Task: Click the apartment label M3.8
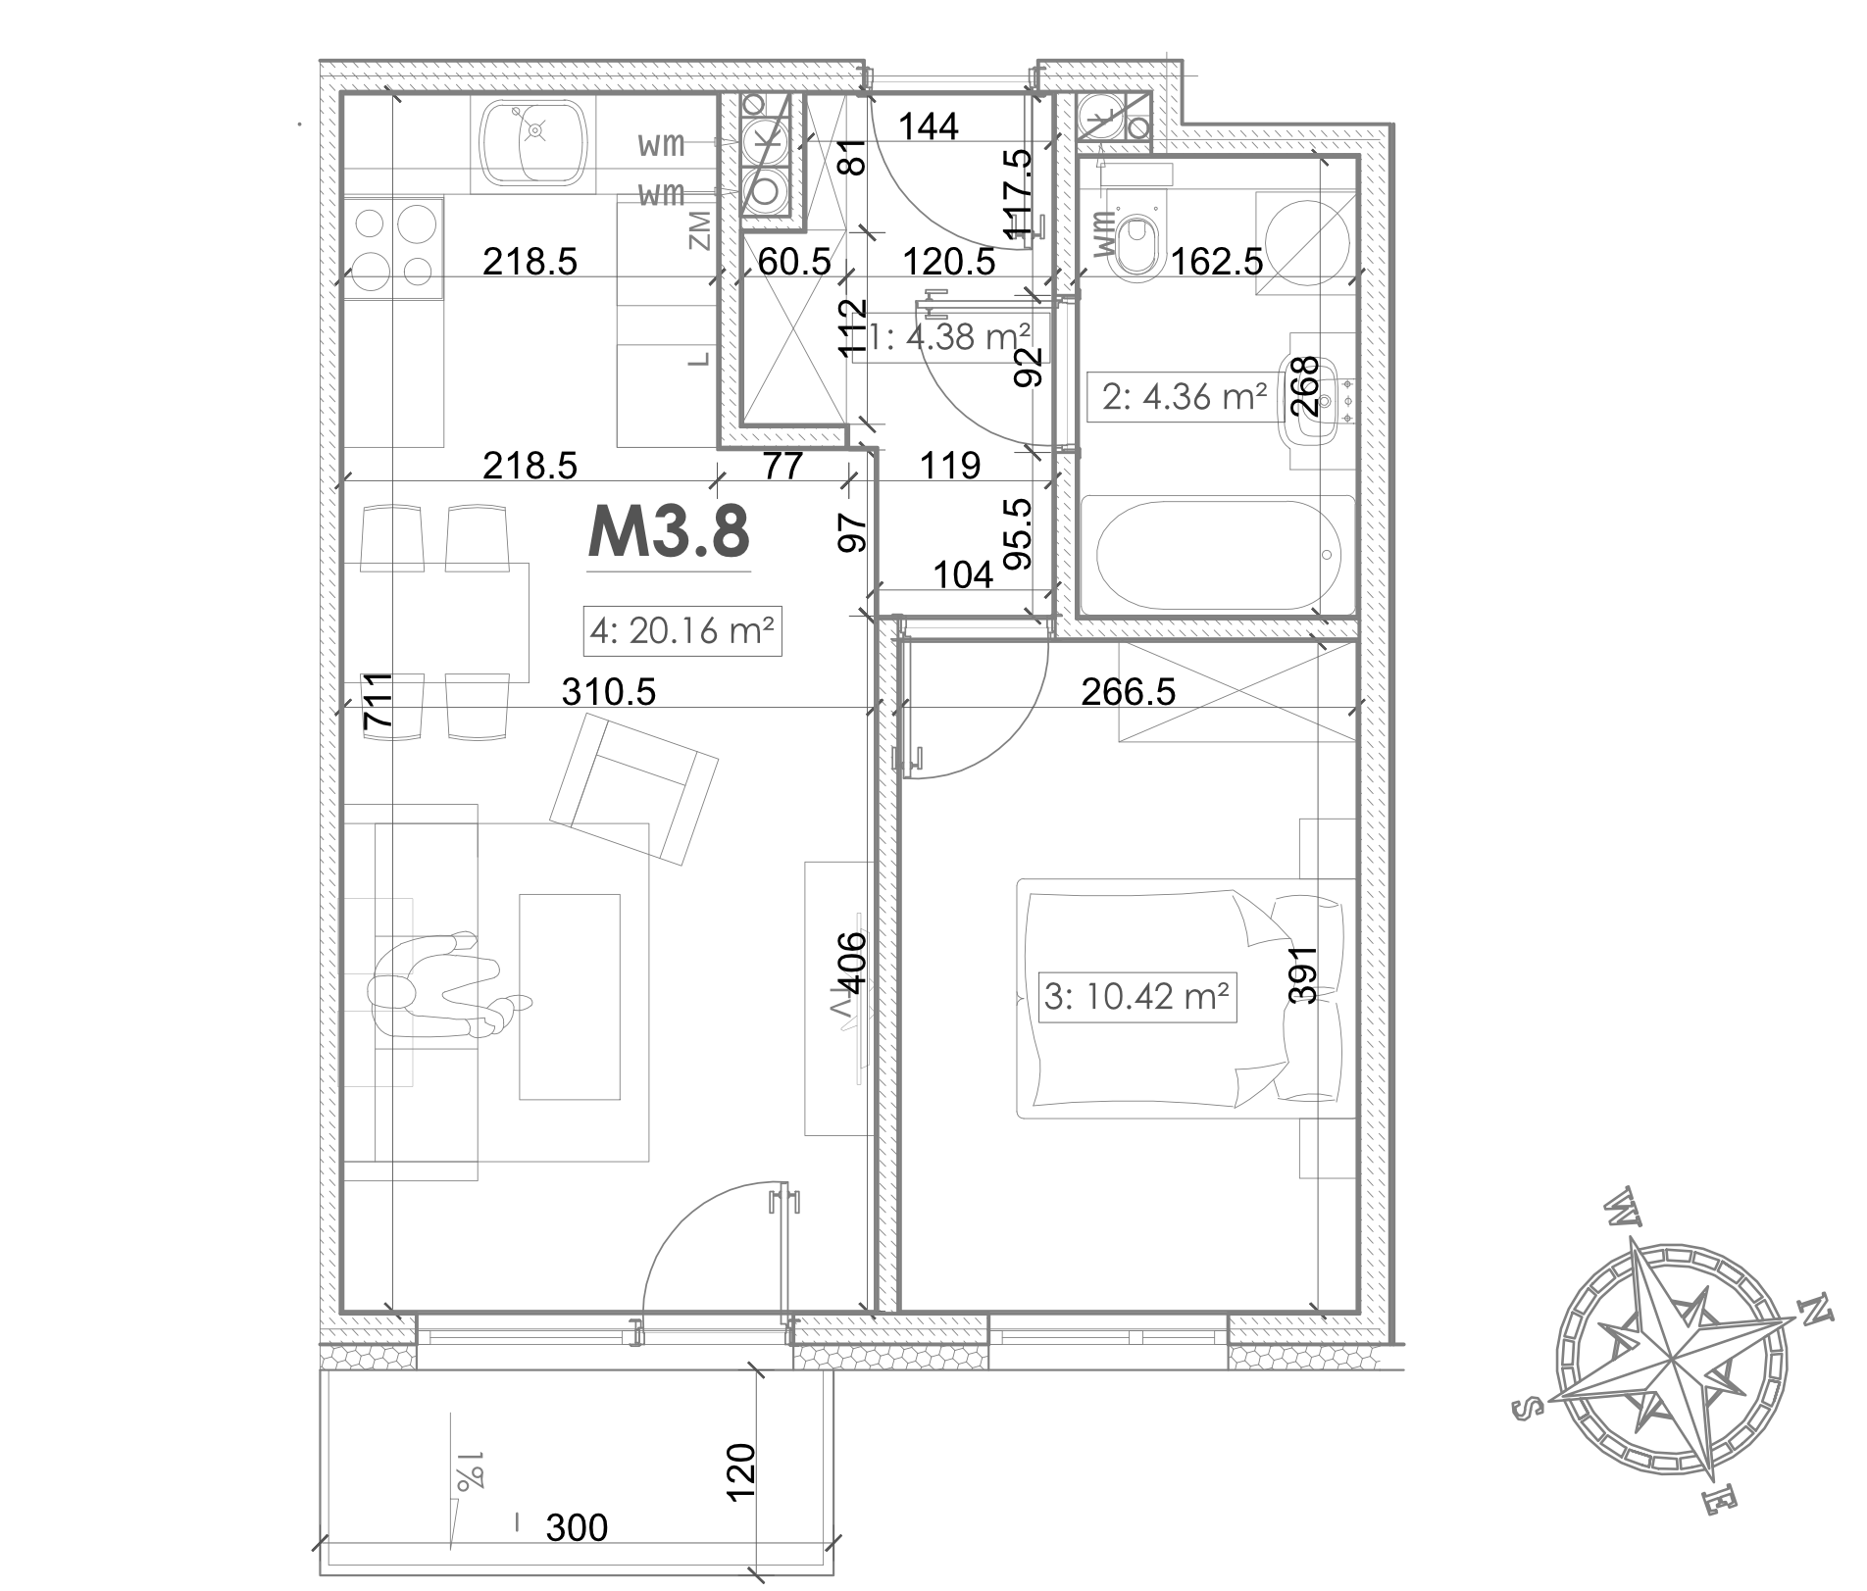[x=669, y=532]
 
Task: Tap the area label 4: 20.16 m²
[x=682, y=630]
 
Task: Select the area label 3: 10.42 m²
[x=1136, y=997]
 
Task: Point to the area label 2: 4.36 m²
[x=1185, y=397]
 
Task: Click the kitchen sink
[x=535, y=143]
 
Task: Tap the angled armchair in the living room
[x=633, y=789]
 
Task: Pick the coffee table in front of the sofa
[x=570, y=997]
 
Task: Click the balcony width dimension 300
[x=577, y=1526]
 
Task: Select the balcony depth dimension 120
[x=741, y=1471]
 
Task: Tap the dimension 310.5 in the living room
[x=608, y=692]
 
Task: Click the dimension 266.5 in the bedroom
[x=1128, y=692]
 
